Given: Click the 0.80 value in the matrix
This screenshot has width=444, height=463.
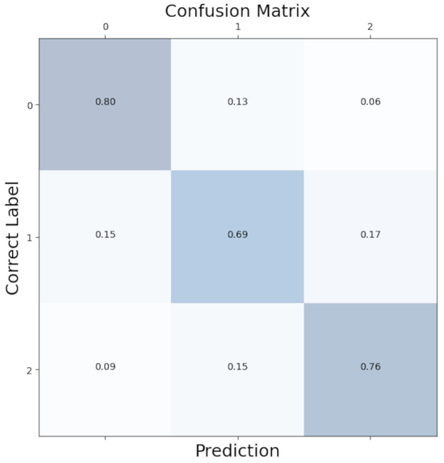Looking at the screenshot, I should (105, 102).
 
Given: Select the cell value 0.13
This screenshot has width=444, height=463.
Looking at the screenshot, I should (237, 102).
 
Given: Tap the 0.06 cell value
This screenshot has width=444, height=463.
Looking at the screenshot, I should (371, 102).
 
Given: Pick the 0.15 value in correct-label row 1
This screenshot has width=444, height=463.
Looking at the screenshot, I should (105, 235).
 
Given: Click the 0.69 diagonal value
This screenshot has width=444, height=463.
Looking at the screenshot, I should (237, 235).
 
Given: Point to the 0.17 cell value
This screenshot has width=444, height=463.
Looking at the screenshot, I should (371, 235).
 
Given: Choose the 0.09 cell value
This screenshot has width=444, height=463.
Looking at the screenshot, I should (105, 367).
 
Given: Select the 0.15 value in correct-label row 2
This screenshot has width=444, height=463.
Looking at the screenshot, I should (237, 367).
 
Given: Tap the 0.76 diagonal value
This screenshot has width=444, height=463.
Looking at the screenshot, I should (371, 367).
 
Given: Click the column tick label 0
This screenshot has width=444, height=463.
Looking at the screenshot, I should (105, 27).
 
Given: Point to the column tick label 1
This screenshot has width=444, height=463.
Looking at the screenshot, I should (237, 27).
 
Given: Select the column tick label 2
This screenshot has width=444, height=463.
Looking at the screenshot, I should (371, 27).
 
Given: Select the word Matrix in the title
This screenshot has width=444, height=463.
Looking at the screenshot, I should (283, 10).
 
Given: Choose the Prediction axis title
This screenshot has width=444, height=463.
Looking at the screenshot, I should (237, 451).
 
